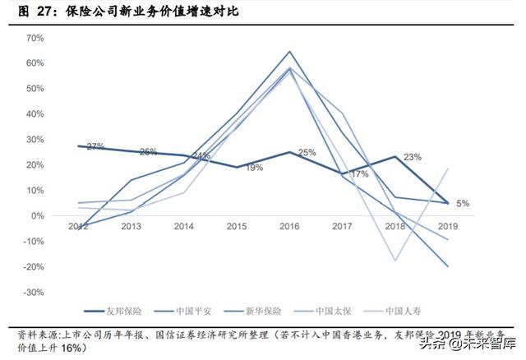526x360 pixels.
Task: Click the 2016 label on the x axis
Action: pyautogui.click(x=289, y=226)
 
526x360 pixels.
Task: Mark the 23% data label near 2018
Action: pyautogui.click(x=413, y=157)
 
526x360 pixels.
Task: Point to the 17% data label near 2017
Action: pyautogui.click(x=359, y=174)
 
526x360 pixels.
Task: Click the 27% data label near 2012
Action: pyautogui.click(x=95, y=146)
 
